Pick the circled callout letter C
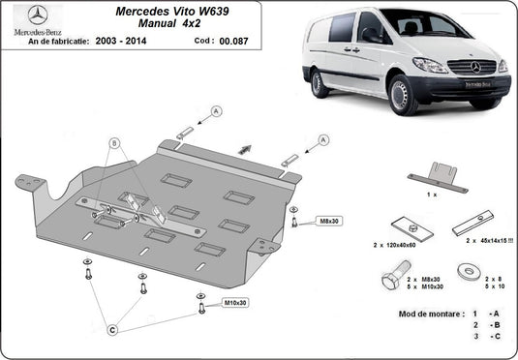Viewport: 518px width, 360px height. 112,330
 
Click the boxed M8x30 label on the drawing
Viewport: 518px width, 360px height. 330,222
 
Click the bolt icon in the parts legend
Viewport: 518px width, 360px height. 390,284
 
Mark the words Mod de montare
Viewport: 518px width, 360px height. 429,315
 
